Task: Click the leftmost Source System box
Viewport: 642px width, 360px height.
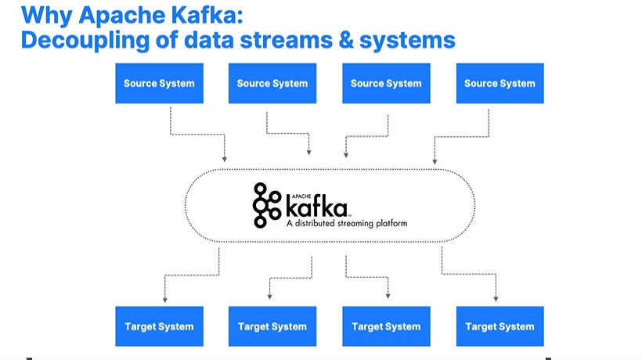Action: (159, 83)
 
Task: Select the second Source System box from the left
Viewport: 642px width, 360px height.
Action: (272, 83)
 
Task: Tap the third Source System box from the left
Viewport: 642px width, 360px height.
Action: (386, 83)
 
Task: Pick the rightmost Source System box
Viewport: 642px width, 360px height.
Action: (500, 83)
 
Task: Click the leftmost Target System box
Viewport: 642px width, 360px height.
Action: (159, 326)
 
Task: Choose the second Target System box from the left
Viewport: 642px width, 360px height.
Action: (272, 326)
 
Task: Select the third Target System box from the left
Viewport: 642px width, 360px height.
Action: (386, 326)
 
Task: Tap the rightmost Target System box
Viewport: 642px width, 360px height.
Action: (500, 326)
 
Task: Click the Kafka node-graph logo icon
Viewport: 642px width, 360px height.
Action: (266, 205)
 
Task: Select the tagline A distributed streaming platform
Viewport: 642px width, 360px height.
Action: (347, 223)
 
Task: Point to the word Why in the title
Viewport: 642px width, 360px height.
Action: (48, 13)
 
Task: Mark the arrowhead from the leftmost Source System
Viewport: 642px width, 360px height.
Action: (225, 159)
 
